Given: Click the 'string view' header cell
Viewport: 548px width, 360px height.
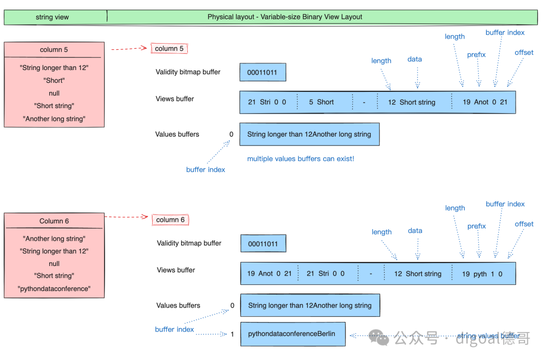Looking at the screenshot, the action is (55, 17).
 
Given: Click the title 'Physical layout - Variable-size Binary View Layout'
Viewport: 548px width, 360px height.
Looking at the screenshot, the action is (285, 17).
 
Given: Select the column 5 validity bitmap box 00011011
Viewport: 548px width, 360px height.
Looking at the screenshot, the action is (262, 73).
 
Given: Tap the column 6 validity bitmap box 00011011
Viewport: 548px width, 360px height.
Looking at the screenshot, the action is (263, 244).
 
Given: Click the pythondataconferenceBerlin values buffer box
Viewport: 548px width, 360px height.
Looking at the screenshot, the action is (293, 334).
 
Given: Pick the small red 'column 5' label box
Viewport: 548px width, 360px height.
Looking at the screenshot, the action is (169, 48).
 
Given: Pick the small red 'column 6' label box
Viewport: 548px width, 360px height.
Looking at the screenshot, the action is (170, 220).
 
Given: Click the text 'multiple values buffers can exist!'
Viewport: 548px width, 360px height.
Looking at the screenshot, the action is (300, 159).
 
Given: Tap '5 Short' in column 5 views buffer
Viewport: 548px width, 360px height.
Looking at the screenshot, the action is (321, 102).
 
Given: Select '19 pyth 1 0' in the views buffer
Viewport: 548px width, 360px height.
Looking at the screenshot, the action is (482, 274).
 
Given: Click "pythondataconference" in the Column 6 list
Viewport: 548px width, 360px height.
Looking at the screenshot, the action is (54, 288).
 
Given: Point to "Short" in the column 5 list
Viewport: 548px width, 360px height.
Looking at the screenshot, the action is (54, 80).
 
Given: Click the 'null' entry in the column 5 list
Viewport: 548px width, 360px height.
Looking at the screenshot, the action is (54, 93).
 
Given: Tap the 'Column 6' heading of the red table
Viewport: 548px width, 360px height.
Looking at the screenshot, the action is (54, 221).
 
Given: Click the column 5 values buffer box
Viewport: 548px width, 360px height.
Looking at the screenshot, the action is (310, 135).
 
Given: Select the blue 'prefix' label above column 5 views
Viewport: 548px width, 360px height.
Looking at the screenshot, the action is (476, 54).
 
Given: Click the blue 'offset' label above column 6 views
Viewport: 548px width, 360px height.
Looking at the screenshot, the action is (524, 224).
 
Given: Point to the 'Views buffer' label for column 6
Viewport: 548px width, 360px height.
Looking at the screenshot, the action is (176, 270).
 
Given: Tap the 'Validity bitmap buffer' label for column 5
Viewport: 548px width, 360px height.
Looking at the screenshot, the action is (188, 72).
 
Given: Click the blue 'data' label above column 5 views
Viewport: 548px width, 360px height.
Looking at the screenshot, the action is (415, 59).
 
